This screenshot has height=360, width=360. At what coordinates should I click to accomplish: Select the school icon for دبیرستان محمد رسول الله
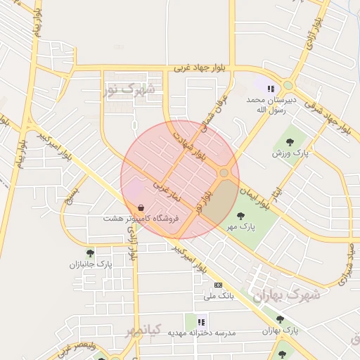click(x=271, y=88)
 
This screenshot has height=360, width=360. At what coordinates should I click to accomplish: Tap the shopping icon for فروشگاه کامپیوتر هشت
click(x=142, y=208)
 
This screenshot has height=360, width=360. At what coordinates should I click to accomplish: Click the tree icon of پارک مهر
click(x=240, y=216)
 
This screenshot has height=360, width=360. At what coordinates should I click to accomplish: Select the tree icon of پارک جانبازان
click(x=90, y=252)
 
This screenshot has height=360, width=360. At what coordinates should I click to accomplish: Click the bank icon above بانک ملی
click(x=218, y=285)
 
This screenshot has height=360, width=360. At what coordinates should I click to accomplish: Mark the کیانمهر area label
click(x=146, y=329)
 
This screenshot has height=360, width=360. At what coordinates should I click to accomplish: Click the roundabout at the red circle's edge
click(x=224, y=173)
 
